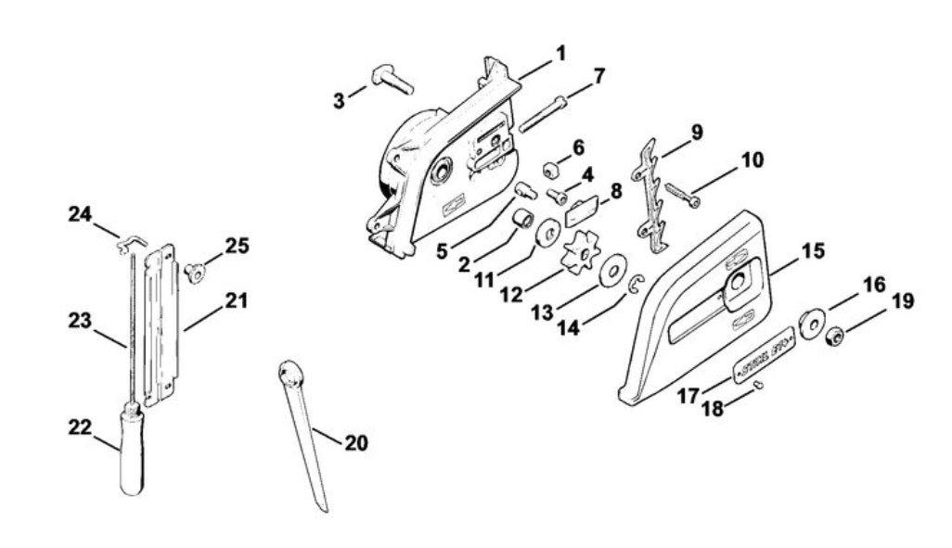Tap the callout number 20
coord(354,443)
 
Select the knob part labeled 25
coord(195,272)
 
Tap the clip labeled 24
coord(128,244)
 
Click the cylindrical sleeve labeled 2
coord(523,220)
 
